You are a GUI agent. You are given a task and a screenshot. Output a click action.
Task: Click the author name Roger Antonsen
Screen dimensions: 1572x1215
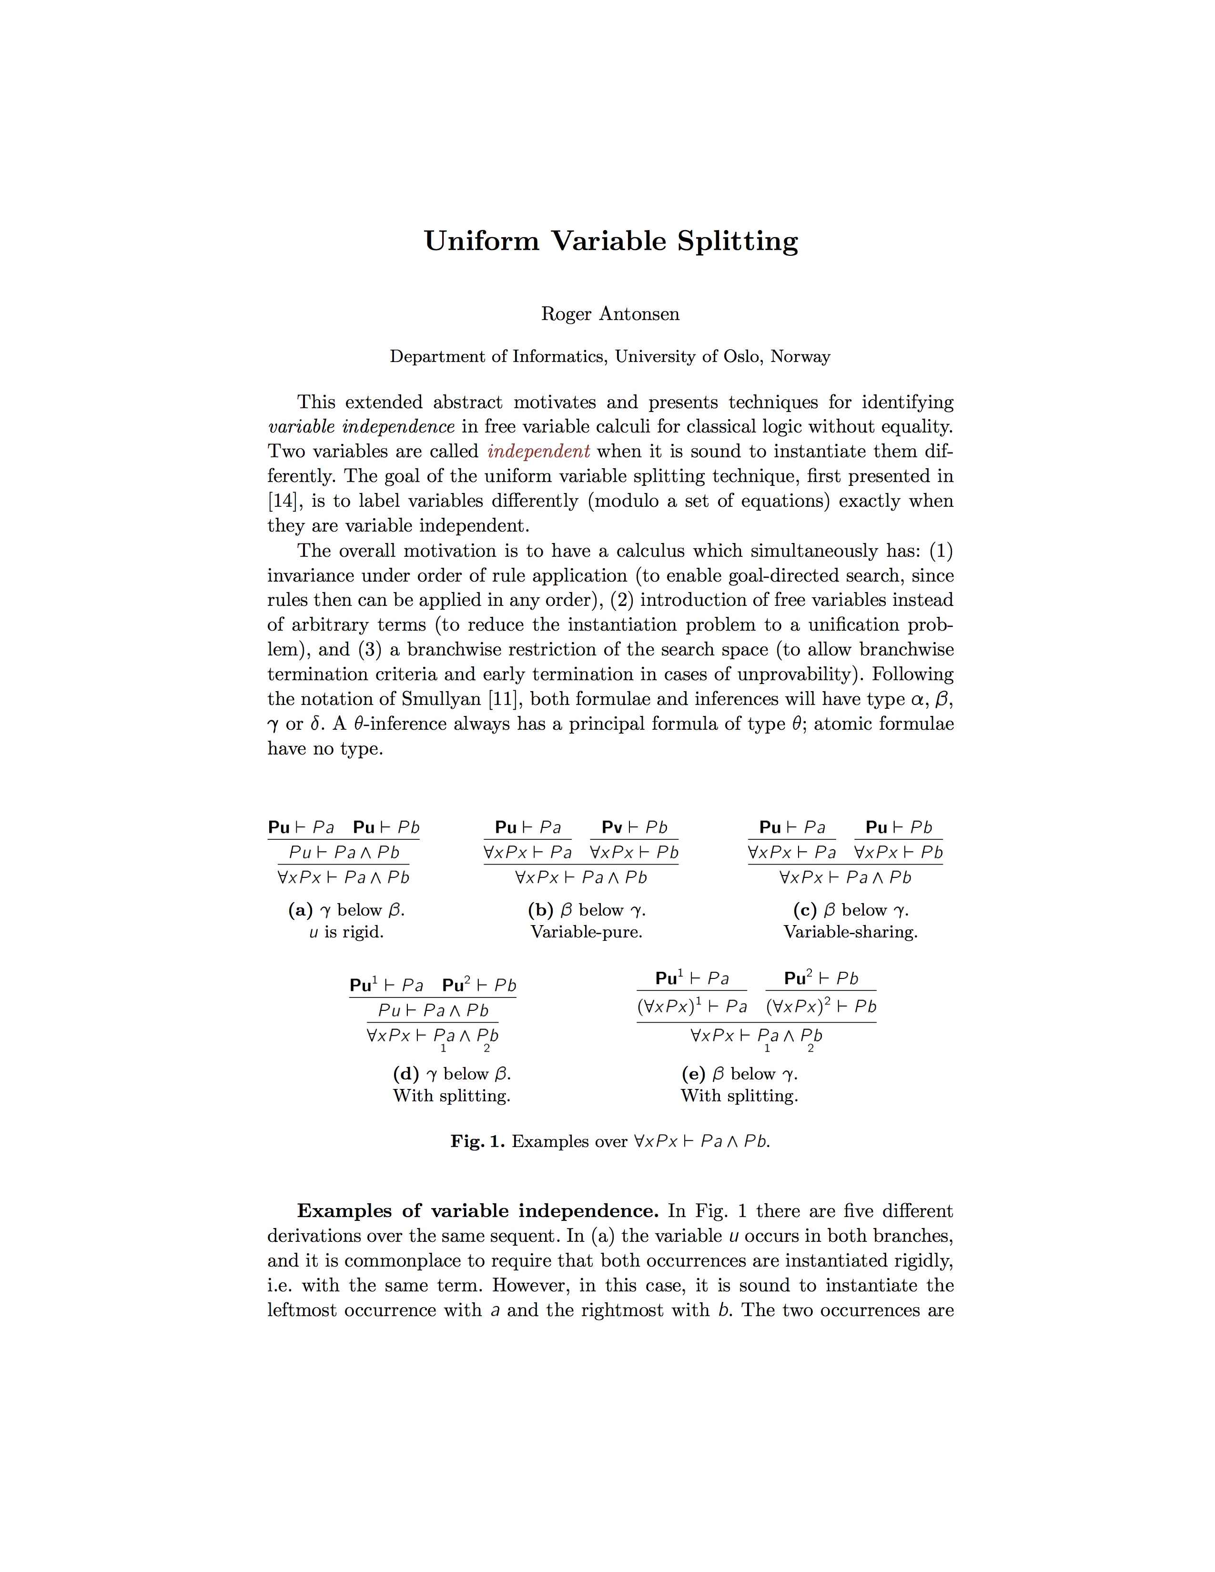(610, 314)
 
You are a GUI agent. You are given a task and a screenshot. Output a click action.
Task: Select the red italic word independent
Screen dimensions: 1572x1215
(538, 451)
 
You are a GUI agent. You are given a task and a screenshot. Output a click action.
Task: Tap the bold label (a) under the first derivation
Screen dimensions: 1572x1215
(300, 910)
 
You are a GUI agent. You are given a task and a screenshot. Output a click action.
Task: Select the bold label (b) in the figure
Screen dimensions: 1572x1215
(540, 910)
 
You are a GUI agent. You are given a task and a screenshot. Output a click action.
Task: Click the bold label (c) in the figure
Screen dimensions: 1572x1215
(805, 910)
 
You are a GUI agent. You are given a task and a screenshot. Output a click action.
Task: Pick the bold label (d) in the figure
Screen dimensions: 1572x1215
(405, 1074)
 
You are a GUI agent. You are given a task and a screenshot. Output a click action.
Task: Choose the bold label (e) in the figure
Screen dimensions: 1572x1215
(693, 1074)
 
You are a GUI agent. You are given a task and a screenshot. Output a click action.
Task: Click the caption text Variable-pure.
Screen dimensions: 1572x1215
(586, 932)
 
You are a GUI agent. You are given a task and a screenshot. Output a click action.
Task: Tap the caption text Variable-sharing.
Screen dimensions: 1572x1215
(850, 932)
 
